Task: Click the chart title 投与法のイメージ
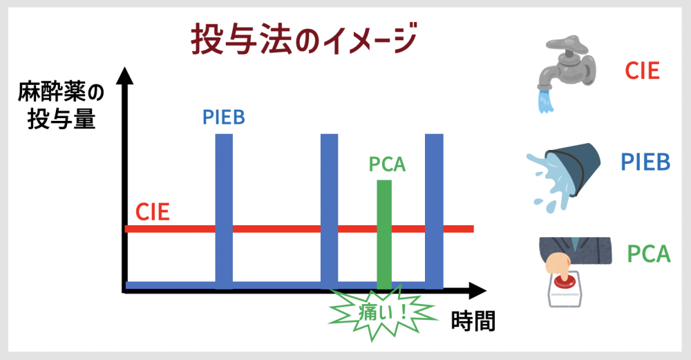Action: (304, 39)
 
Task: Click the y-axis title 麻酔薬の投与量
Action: (61, 106)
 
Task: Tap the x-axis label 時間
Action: (473, 321)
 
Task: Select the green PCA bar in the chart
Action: (384, 234)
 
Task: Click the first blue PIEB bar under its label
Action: (224, 211)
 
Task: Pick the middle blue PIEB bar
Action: (329, 211)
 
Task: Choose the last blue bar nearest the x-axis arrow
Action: (434, 211)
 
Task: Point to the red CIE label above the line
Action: (153, 212)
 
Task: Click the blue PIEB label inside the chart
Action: (224, 117)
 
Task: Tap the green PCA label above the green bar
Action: (387, 164)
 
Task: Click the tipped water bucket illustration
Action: (564, 176)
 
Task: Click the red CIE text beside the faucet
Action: (642, 70)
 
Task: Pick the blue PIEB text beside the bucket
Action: (645, 162)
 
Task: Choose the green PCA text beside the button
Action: (649, 254)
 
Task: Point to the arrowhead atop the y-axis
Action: (124, 75)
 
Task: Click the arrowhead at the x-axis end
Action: (477, 291)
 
